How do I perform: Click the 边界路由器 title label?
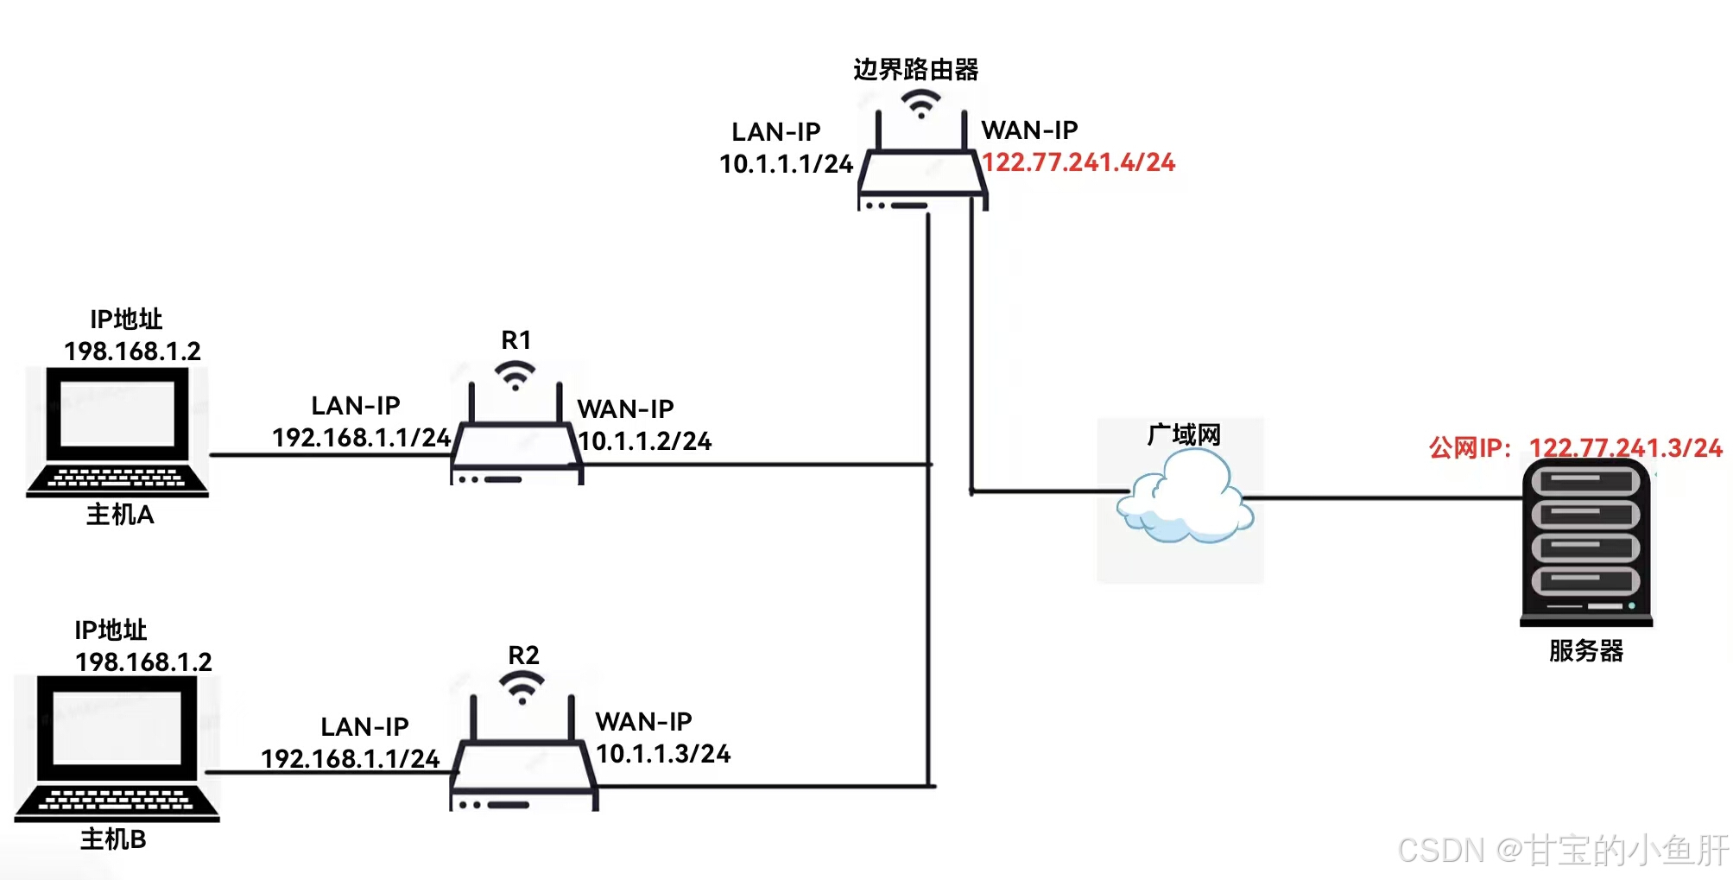pyautogui.click(x=915, y=70)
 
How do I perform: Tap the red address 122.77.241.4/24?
pyautogui.click(x=1078, y=162)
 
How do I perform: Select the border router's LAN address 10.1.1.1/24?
pyautogui.click(x=786, y=164)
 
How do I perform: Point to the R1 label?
pyautogui.click(x=516, y=340)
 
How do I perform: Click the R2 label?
pyautogui.click(x=523, y=655)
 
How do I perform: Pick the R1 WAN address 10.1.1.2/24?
pyautogui.click(x=645, y=441)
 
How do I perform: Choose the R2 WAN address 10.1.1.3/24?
pyautogui.click(x=663, y=754)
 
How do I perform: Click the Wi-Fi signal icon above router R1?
pyautogui.click(x=515, y=376)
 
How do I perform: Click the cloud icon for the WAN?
pyautogui.click(x=1185, y=500)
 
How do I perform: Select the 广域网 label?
pyautogui.click(x=1184, y=434)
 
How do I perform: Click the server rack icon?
pyautogui.click(x=1586, y=542)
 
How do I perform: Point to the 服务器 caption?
pyautogui.click(x=1586, y=651)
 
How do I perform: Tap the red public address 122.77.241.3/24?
pyautogui.click(x=1626, y=448)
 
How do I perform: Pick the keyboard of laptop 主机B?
pyautogui.click(x=117, y=801)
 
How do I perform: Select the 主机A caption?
pyautogui.click(x=120, y=515)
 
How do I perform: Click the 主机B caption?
pyautogui.click(x=113, y=839)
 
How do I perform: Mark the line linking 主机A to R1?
pyautogui.click(x=328, y=455)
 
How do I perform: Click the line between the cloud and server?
pyautogui.click(x=1382, y=498)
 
